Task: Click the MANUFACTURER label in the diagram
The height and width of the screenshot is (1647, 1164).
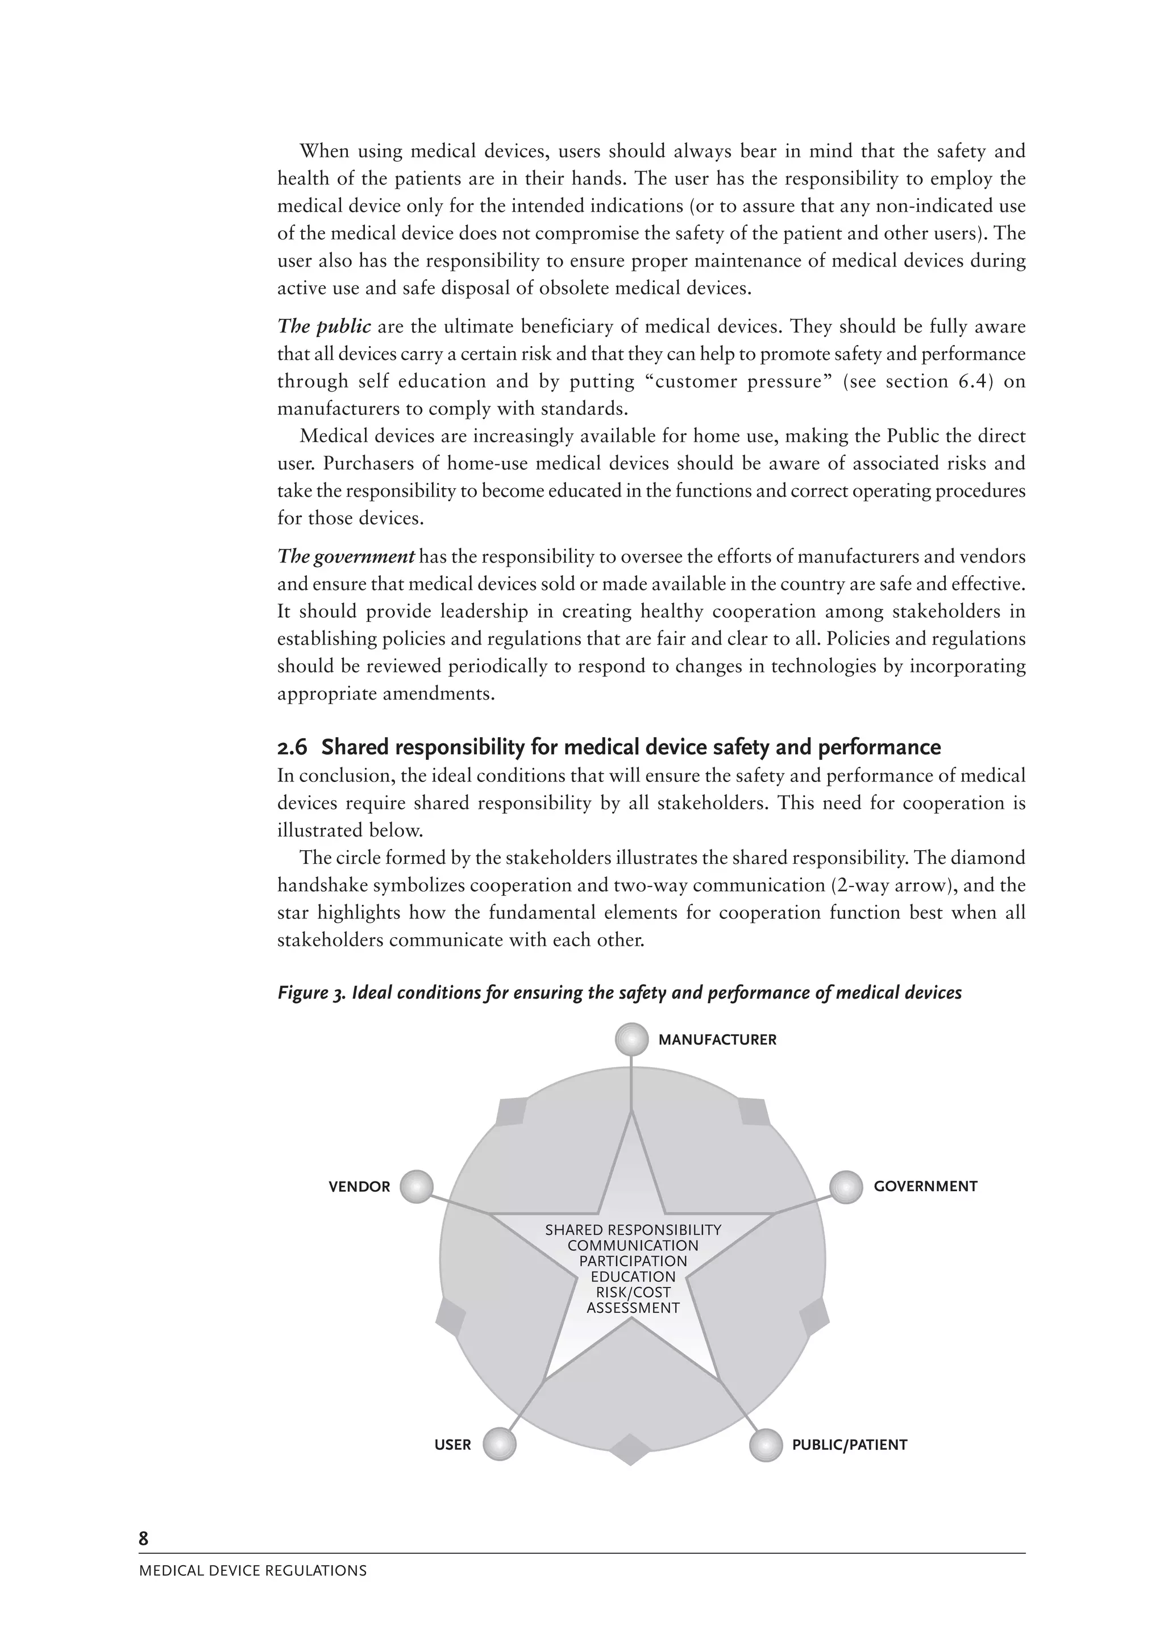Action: pyautogui.click(x=717, y=1039)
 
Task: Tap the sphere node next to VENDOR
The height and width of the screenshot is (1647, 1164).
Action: pyautogui.click(x=417, y=1187)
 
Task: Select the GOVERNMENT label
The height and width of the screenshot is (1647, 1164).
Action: pyautogui.click(x=925, y=1187)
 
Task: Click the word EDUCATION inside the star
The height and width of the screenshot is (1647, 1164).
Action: pyautogui.click(x=633, y=1277)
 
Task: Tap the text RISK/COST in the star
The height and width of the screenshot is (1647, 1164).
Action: pyautogui.click(x=633, y=1292)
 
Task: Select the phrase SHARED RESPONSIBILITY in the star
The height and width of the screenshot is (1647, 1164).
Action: pyautogui.click(x=633, y=1230)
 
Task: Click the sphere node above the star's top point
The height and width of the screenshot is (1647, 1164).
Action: pyautogui.click(x=631, y=1039)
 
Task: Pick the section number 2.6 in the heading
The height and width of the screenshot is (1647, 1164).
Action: pyautogui.click(x=292, y=747)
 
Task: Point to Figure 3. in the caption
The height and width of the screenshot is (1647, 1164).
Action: pyautogui.click(x=313, y=993)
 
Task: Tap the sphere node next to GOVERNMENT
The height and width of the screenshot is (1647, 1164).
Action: pyautogui.click(x=846, y=1187)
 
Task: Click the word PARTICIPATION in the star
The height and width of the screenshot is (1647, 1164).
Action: pyautogui.click(x=633, y=1261)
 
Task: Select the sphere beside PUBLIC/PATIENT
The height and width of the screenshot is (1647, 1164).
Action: pyautogui.click(x=766, y=1444)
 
